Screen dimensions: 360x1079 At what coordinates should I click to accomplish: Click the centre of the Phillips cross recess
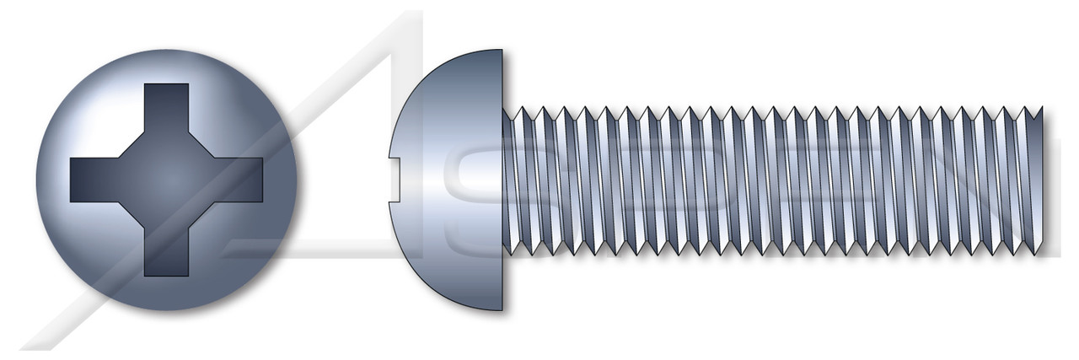[166, 179]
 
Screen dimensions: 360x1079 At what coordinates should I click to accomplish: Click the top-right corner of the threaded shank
[1042, 108]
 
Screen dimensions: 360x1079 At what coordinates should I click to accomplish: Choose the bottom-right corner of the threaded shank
[1042, 251]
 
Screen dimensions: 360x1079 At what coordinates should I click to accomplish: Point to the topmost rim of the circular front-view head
[166, 48]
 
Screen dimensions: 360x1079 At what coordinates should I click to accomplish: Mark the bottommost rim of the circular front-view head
[166, 310]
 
